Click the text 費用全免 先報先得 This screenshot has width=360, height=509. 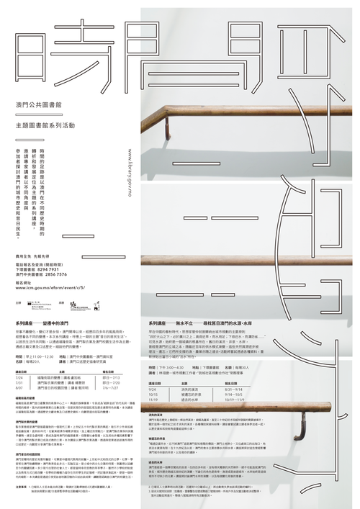pos(33,256)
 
